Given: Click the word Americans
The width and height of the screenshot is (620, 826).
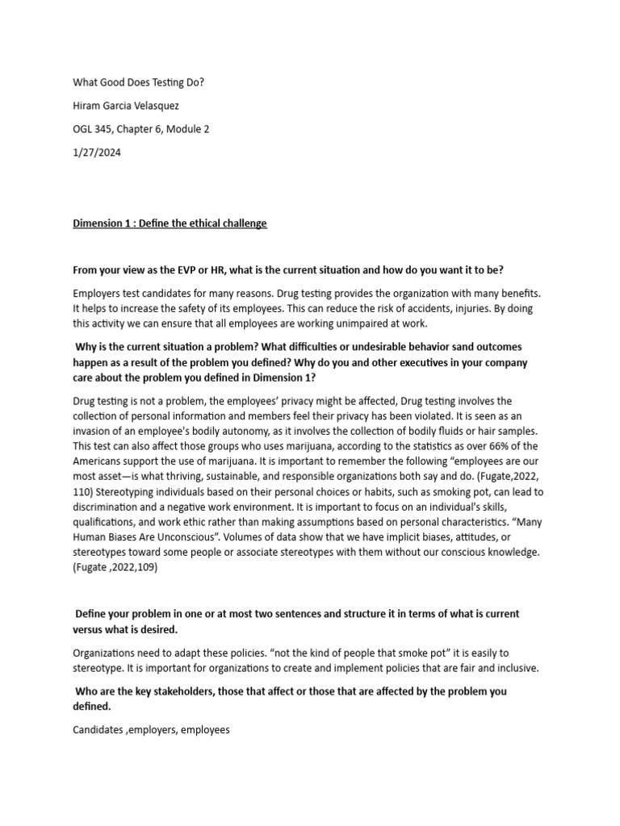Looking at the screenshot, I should (x=99, y=462).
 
